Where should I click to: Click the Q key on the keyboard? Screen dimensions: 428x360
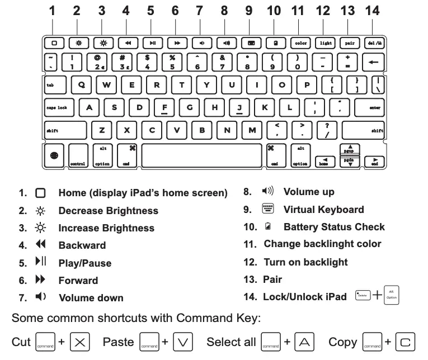click(82, 85)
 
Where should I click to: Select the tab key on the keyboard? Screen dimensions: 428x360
click(55, 85)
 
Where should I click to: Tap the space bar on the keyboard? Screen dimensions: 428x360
click(201, 155)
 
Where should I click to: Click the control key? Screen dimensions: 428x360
click(78, 156)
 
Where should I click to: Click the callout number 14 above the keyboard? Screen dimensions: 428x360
click(372, 11)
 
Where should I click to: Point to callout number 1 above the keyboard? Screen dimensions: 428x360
click(52, 11)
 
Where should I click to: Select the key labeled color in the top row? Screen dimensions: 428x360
click(300, 42)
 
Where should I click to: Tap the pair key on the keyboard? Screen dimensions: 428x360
click(350, 42)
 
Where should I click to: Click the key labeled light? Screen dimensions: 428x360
click(325, 42)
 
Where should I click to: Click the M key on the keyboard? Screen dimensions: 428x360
click(252, 130)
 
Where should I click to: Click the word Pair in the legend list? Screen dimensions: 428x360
click(272, 279)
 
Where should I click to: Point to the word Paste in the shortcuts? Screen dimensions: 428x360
click(117, 342)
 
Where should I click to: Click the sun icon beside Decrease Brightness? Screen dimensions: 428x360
click(40, 211)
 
